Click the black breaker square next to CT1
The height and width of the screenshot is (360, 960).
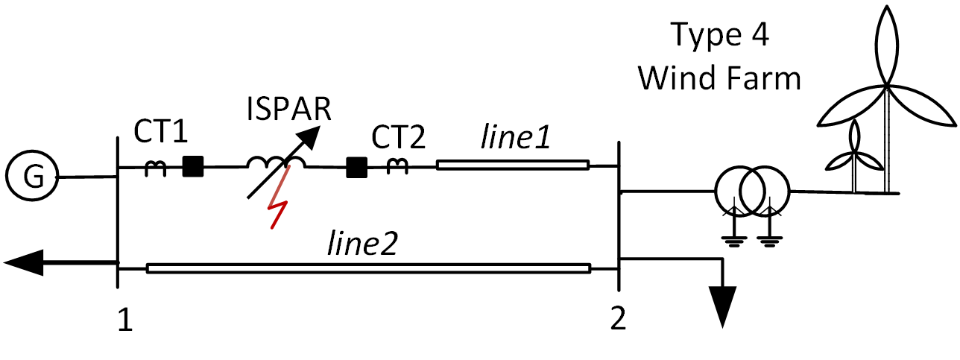193,166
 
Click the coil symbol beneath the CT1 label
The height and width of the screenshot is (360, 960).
156,169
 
